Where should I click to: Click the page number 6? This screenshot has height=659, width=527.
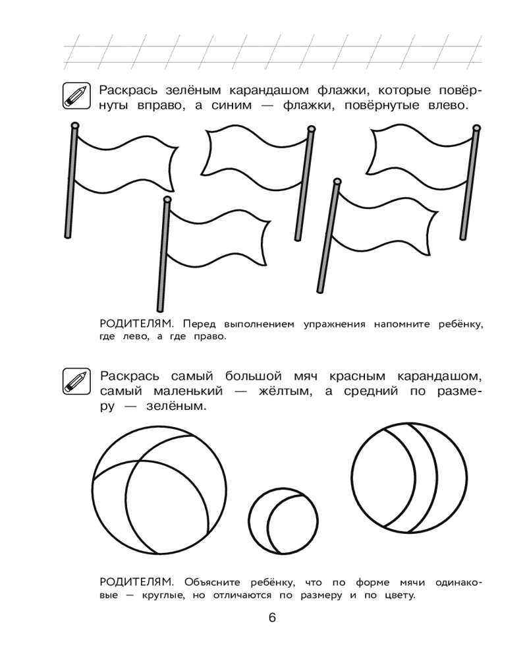[x=271, y=619]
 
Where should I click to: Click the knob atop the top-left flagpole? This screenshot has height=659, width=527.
[x=74, y=125]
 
